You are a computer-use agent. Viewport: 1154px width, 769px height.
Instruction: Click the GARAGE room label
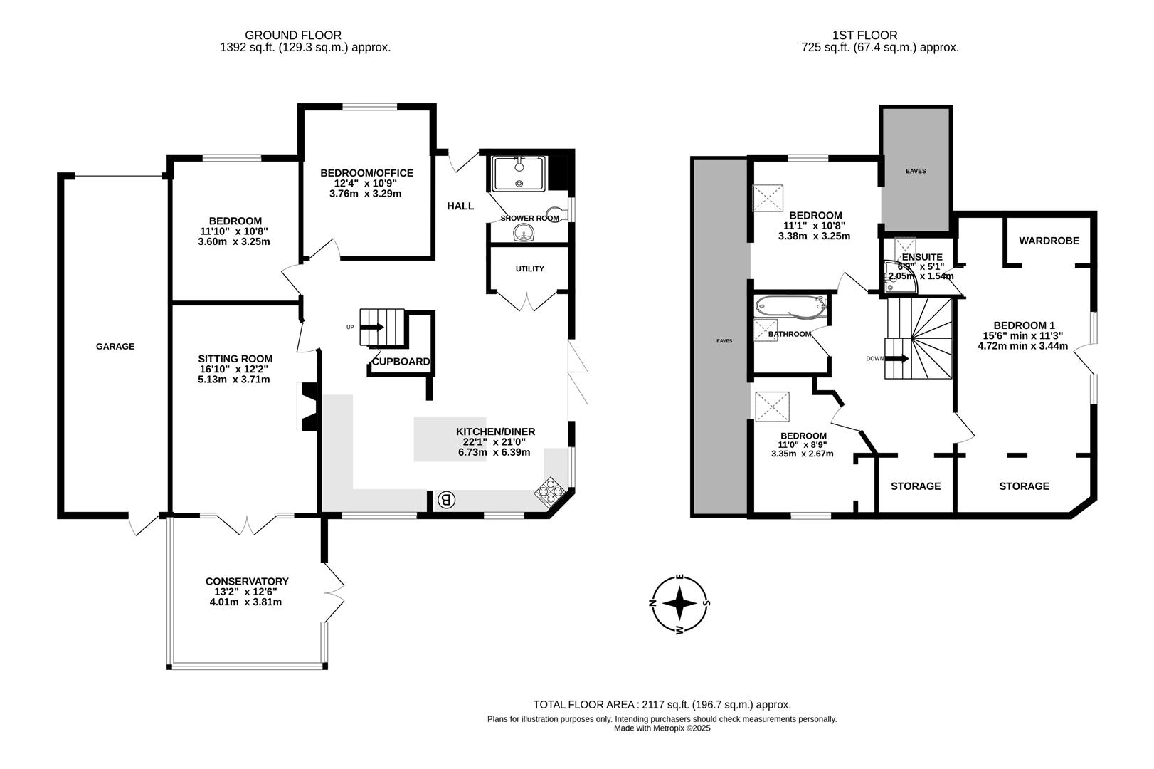click(x=115, y=347)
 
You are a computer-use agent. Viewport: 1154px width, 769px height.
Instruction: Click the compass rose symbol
click(x=680, y=604)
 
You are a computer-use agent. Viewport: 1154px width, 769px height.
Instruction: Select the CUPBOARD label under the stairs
click(x=401, y=362)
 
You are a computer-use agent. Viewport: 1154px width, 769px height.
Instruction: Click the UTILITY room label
click(x=529, y=269)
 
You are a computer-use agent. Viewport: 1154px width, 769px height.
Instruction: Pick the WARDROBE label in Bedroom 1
click(x=1049, y=241)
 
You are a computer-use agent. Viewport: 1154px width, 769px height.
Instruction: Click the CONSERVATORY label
click(x=247, y=582)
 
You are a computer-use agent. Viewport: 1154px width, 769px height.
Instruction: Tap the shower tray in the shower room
click(x=519, y=174)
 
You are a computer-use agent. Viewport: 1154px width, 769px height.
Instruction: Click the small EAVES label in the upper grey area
click(x=916, y=171)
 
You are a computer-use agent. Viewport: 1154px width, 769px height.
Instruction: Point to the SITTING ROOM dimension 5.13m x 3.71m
click(x=234, y=380)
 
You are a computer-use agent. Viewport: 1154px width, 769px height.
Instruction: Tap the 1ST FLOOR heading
click(x=864, y=35)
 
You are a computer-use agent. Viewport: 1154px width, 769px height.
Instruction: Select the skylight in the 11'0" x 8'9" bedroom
click(x=772, y=407)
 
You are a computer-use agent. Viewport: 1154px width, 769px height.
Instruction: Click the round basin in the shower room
click(x=525, y=232)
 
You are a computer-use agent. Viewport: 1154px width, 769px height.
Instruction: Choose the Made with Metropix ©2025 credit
click(x=662, y=728)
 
